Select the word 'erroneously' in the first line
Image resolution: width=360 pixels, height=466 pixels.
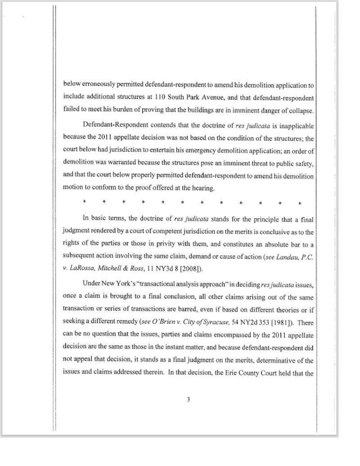(x=98, y=84)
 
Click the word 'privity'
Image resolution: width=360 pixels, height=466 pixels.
(x=177, y=244)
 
